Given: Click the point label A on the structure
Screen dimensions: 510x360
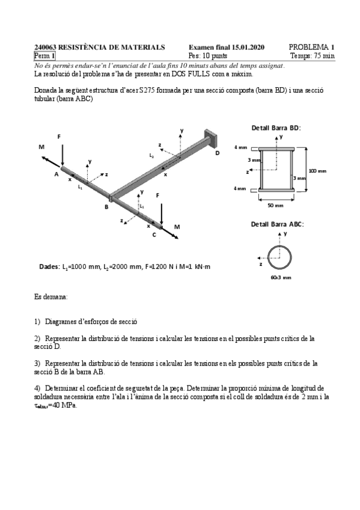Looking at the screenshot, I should [56, 174].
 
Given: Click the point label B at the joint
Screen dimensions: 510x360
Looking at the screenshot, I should [106, 207].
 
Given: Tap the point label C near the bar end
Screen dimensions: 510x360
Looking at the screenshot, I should [154, 235].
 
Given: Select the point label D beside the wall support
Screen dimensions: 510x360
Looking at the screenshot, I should [217, 153].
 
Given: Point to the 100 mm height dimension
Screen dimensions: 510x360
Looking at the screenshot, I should [317, 171].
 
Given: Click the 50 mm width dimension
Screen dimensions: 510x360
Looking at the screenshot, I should [275, 206].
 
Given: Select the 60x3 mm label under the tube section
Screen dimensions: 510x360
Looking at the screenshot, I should [281, 277].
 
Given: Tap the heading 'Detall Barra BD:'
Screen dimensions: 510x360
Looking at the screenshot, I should [275, 127].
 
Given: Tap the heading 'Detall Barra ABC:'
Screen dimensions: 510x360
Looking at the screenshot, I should [277, 224].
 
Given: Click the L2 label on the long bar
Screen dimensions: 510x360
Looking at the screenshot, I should [151, 155].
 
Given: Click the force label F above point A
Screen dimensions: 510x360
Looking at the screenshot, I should [59, 137].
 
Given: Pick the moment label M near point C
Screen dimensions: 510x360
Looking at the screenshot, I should [177, 227].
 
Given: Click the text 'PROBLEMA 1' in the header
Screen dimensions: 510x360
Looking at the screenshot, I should [311, 47].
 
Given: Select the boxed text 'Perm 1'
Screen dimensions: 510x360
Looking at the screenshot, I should [44, 56].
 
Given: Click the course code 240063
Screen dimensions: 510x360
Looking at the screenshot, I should [45, 47].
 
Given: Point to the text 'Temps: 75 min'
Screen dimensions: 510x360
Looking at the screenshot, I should [313, 56].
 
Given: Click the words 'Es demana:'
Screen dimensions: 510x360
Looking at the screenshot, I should [51, 297].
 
